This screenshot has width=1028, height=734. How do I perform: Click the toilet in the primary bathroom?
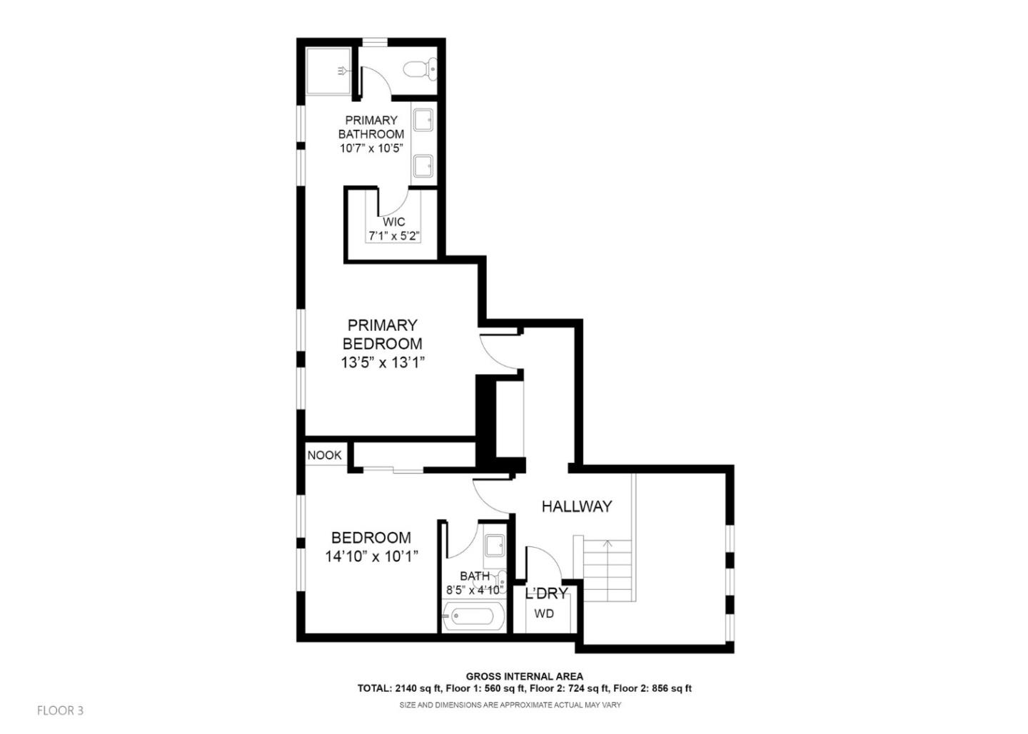(x=420, y=68)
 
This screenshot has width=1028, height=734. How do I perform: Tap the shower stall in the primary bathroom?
(x=328, y=71)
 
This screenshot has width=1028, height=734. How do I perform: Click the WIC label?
(x=393, y=222)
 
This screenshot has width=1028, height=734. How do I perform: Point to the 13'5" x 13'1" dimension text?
(x=383, y=362)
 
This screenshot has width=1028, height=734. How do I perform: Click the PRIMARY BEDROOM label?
(x=383, y=334)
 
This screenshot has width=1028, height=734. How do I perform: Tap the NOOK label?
(x=325, y=455)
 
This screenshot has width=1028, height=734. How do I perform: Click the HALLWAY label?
(x=576, y=506)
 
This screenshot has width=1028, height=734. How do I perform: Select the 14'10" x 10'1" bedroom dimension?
(x=371, y=556)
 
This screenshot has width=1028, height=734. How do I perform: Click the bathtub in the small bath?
(x=473, y=616)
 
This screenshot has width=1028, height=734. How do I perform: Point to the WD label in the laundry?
(x=544, y=613)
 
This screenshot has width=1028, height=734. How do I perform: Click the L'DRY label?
(x=546, y=593)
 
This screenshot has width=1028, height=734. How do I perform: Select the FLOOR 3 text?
(x=61, y=710)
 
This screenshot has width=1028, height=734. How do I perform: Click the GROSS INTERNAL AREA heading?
(x=524, y=676)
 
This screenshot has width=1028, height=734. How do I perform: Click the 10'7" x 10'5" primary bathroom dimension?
(x=371, y=148)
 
